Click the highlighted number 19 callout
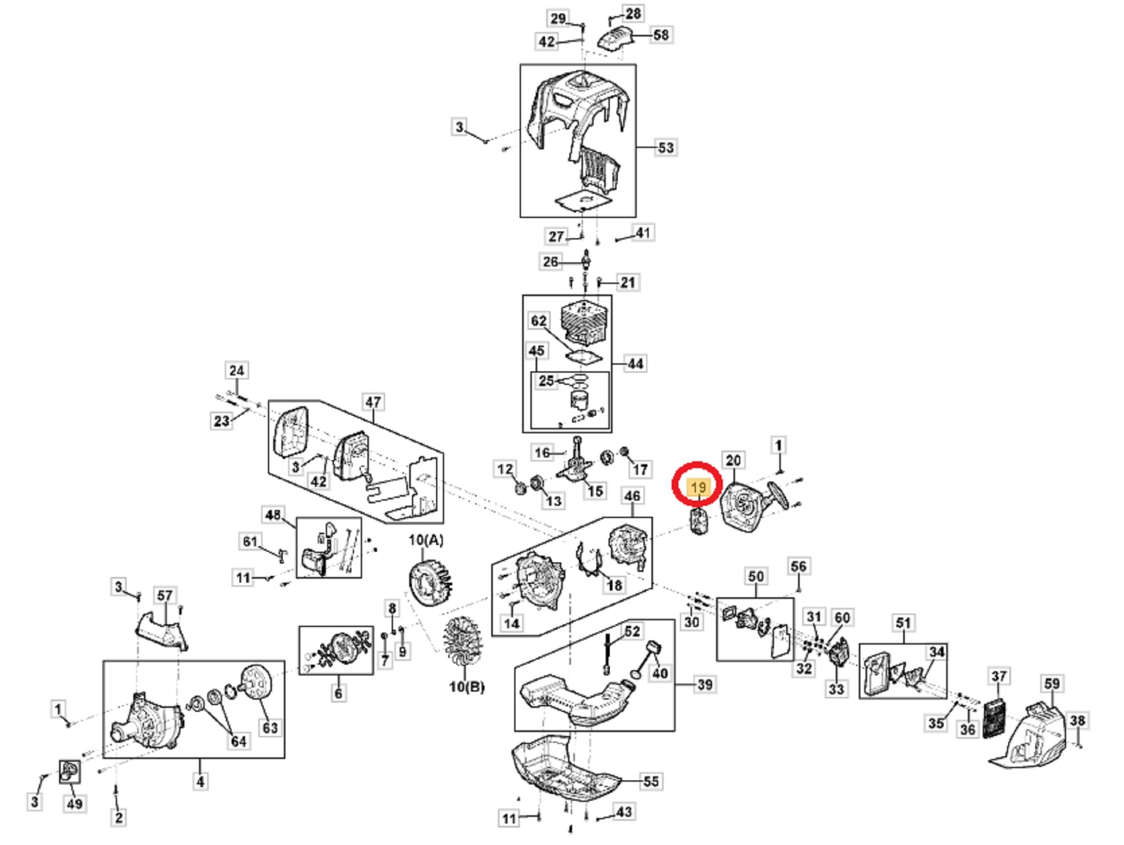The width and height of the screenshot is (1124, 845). (698, 487)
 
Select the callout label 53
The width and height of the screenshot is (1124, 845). (665, 148)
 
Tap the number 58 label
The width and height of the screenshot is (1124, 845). (661, 35)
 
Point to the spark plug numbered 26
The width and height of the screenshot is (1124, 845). (587, 261)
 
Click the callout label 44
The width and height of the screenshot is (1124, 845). (635, 364)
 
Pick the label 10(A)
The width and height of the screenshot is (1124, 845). (426, 540)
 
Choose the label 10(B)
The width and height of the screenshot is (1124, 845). (466, 687)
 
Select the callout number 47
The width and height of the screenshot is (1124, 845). (373, 402)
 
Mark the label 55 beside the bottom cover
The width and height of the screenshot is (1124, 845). (651, 782)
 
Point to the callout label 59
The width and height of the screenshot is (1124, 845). (1052, 684)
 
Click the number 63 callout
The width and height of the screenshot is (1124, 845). (270, 728)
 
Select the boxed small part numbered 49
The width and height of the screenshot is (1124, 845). (70, 772)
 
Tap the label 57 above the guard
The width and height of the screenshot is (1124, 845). (165, 596)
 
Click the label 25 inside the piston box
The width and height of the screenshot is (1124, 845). (546, 380)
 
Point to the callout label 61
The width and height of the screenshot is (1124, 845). (250, 542)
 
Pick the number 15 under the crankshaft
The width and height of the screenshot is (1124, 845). (595, 490)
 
